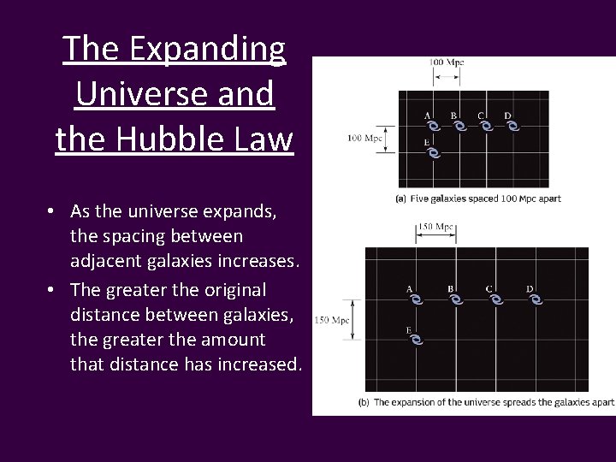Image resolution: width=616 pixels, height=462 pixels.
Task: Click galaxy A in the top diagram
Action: click(433, 127)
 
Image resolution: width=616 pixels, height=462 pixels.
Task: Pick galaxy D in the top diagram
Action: click(513, 127)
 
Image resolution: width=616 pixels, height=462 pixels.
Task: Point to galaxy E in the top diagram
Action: click(433, 154)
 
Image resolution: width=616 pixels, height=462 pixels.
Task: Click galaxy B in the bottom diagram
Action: click(455, 300)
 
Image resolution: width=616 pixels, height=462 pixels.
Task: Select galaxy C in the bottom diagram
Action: click(495, 300)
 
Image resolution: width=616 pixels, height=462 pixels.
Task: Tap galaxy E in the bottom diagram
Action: click(415, 340)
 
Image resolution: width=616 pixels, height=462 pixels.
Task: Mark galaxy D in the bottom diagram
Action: click(536, 300)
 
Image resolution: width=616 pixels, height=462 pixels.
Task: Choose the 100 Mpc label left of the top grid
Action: click(364, 138)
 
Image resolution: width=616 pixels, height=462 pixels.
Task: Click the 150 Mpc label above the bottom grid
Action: click(435, 227)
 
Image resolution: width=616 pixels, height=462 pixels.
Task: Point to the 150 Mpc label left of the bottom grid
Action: click(333, 321)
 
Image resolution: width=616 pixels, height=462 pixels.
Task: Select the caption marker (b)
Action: click(364, 401)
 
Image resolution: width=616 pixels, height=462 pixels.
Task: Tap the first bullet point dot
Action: click(52, 211)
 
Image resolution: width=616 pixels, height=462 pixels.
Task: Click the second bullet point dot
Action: click(52, 290)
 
